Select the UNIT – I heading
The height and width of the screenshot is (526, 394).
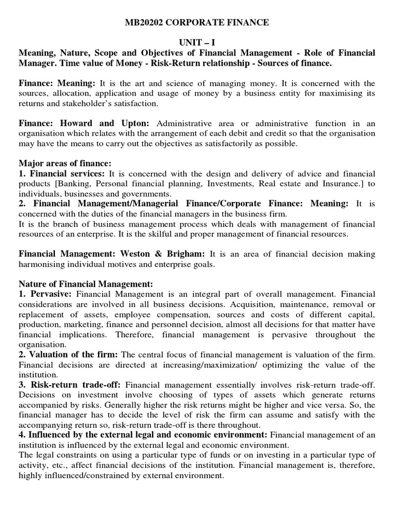196,43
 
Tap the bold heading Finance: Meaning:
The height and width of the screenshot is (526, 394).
57,83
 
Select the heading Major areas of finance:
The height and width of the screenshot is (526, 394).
65,164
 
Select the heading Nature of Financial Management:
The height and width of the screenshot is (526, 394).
86,284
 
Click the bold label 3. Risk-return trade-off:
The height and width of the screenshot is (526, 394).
70,385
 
